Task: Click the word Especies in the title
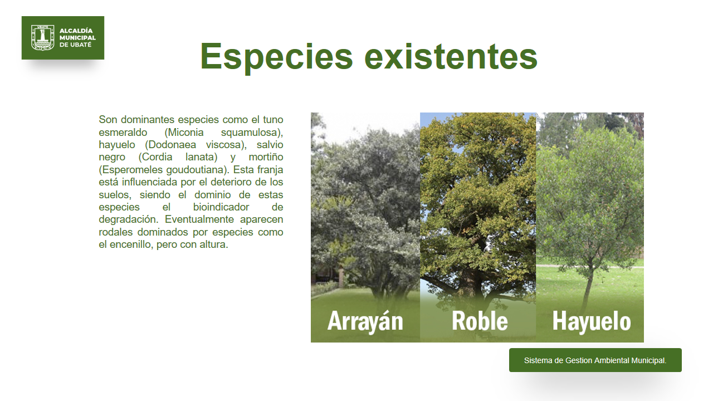(277, 57)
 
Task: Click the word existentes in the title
(451, 56)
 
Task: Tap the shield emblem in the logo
(43, 37)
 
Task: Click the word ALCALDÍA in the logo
(76, 31)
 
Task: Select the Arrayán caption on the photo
(365, 321)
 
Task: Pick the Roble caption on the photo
(480, 321)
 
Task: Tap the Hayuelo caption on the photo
(592, 322)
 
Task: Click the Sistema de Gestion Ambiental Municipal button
(595, 360)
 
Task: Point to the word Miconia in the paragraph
(184, 133)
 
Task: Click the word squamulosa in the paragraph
(252, 133)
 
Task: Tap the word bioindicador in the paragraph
(221, 207)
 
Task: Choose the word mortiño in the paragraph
(266, 157)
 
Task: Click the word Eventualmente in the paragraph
(199, 219)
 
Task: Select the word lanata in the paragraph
(201, 157)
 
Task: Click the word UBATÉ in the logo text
(81, 45)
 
